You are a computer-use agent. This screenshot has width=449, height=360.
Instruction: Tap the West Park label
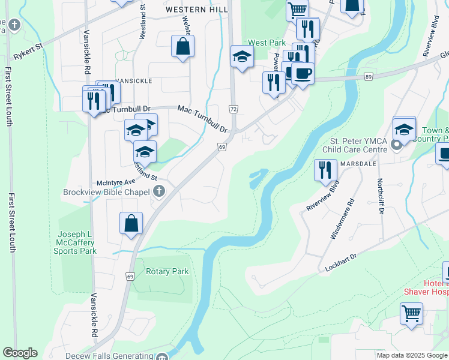tap(267, 43)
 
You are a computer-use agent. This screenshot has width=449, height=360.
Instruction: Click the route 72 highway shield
tap(233, 108)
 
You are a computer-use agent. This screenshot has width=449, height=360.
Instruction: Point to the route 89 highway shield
tap(368, 76)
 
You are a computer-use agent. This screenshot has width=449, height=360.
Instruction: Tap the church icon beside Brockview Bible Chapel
tap(158, 192)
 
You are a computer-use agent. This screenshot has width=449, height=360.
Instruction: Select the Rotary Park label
tap(167, 271)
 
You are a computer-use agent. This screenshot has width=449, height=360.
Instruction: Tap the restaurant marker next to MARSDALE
tap(325, 169)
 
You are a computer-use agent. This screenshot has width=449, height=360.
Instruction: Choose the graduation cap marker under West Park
tap(242, 57)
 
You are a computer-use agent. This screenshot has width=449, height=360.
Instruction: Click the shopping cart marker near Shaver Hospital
tap(411, 313)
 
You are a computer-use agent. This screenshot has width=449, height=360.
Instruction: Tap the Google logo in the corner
tap(20, 353)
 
